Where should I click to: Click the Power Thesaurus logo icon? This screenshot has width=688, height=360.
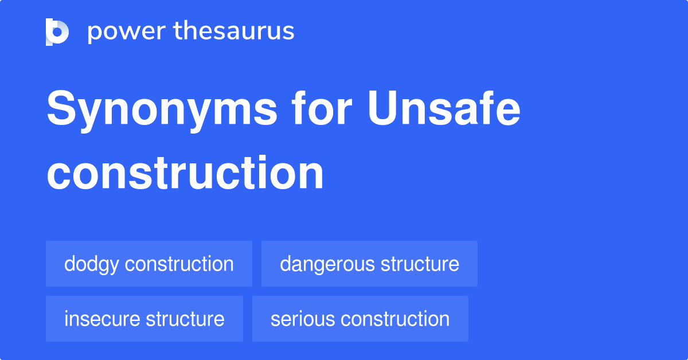[57, 32]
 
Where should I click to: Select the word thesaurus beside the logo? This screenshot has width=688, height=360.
[234, 32]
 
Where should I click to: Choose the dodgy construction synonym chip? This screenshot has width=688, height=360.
[149, 264]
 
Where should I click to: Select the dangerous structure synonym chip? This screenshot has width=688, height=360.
[369, 264]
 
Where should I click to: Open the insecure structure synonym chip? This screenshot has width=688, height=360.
[144, 319]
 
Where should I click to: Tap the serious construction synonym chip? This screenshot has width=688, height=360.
[360, 319]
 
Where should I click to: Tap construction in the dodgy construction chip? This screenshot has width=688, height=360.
[179, 264]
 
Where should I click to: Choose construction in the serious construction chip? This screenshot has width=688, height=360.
[392, 319]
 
